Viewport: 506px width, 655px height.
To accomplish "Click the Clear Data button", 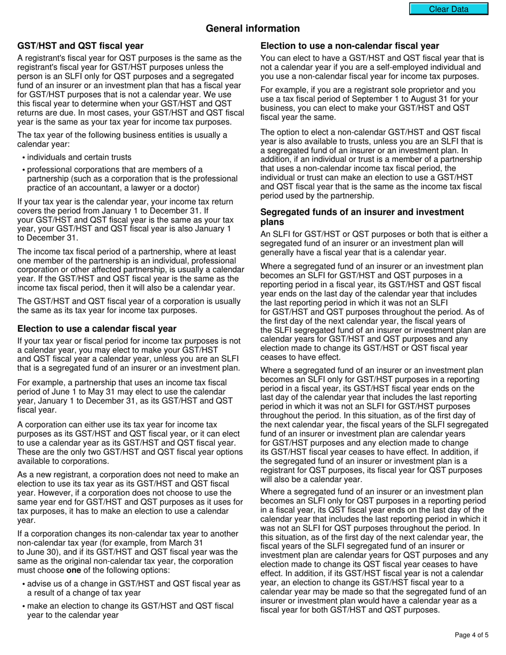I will (448, 9).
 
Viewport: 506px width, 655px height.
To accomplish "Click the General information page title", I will (252, 29).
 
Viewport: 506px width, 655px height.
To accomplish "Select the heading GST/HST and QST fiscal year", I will (80, 46).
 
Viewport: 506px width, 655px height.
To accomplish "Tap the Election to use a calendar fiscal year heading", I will (97, 329).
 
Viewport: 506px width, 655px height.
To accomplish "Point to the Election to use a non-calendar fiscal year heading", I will (350, 46).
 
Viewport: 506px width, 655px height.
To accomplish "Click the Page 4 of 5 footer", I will (471, 635).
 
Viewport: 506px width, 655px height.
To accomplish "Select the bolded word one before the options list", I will (73, 570).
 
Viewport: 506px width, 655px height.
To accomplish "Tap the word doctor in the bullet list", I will (186, 187).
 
